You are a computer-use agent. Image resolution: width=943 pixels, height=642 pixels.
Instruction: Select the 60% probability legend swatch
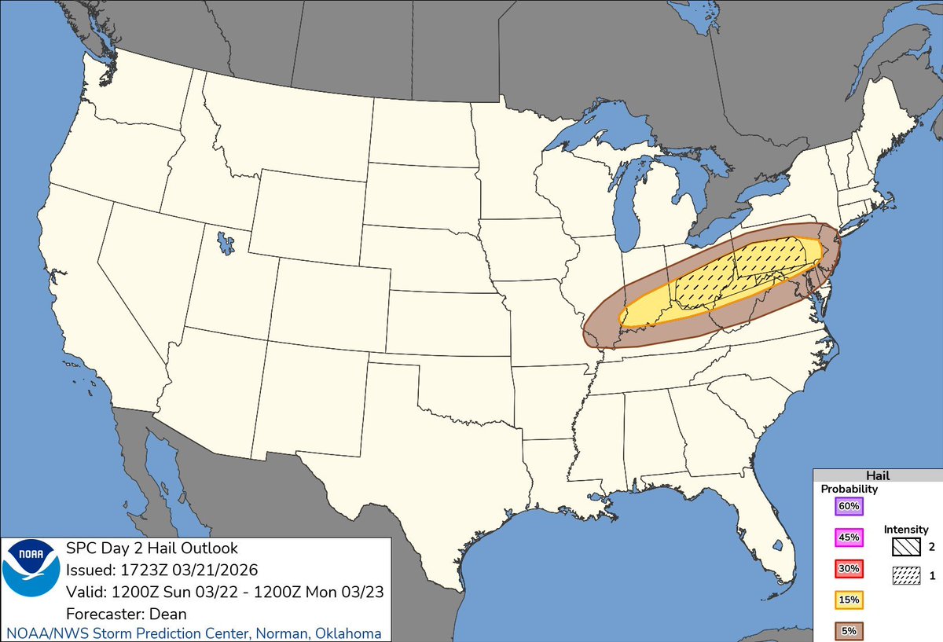tap(848, 506)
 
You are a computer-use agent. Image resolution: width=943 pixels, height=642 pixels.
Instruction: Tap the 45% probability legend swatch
tap(848, 537)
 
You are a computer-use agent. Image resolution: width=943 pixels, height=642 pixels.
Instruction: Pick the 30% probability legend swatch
tap(848, 568)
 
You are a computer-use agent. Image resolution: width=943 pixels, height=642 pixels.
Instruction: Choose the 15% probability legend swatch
tap(848, 600)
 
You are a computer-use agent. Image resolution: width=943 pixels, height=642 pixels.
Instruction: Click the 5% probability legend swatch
tap(848, 630)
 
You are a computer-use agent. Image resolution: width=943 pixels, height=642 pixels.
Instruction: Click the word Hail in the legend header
tap(877, 475)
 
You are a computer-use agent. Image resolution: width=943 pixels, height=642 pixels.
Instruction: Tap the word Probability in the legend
tap(849, 489)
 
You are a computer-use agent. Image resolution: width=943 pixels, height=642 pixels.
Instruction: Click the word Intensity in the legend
tap(905, 530)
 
